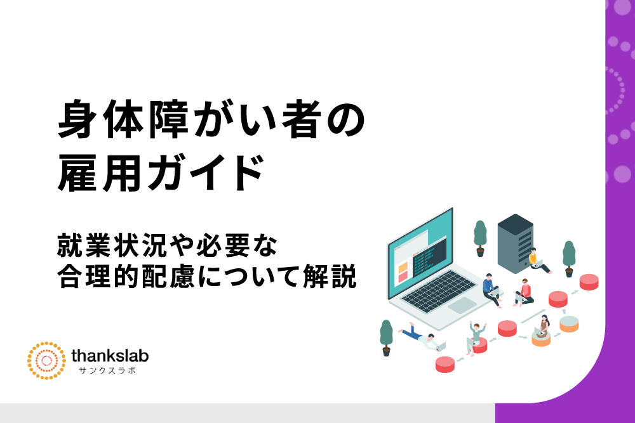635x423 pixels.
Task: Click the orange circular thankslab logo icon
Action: click(x=46, y=360)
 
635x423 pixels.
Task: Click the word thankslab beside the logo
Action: click(x=110, y=356)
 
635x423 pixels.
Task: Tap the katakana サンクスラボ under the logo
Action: click(x=107, y=370)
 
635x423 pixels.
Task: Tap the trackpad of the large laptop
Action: click(x=462, y=305)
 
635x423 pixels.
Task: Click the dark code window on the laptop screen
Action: click(x=430, y=257)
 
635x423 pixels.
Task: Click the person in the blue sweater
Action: click(x=491, y=290)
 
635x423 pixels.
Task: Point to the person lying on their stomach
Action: click(x=421, y=337)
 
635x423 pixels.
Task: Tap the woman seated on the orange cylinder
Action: click(x=542, y=326)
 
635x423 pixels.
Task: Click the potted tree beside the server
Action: click(x=480, y=238)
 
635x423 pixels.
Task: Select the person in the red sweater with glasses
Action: click(x=524, y=292)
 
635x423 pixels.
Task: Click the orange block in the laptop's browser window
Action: click(x=403, y=267)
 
